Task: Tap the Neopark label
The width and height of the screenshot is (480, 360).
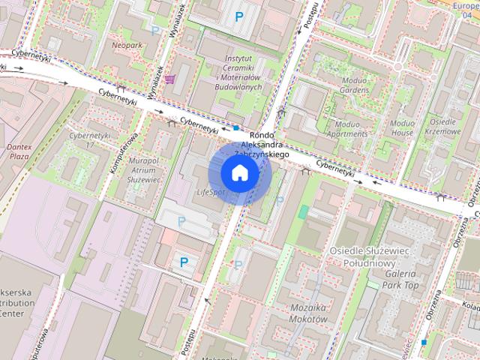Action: (x=127, y=45)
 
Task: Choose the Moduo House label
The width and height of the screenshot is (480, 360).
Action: (x=402, y=127)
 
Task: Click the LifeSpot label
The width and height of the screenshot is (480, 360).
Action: (x=210, y=193)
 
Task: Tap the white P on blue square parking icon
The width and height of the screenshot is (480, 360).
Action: (x=183, y=262)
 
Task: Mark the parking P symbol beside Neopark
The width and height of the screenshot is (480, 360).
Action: (x=155, y=31)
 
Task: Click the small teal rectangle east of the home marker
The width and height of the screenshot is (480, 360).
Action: (x=302, y=212)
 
